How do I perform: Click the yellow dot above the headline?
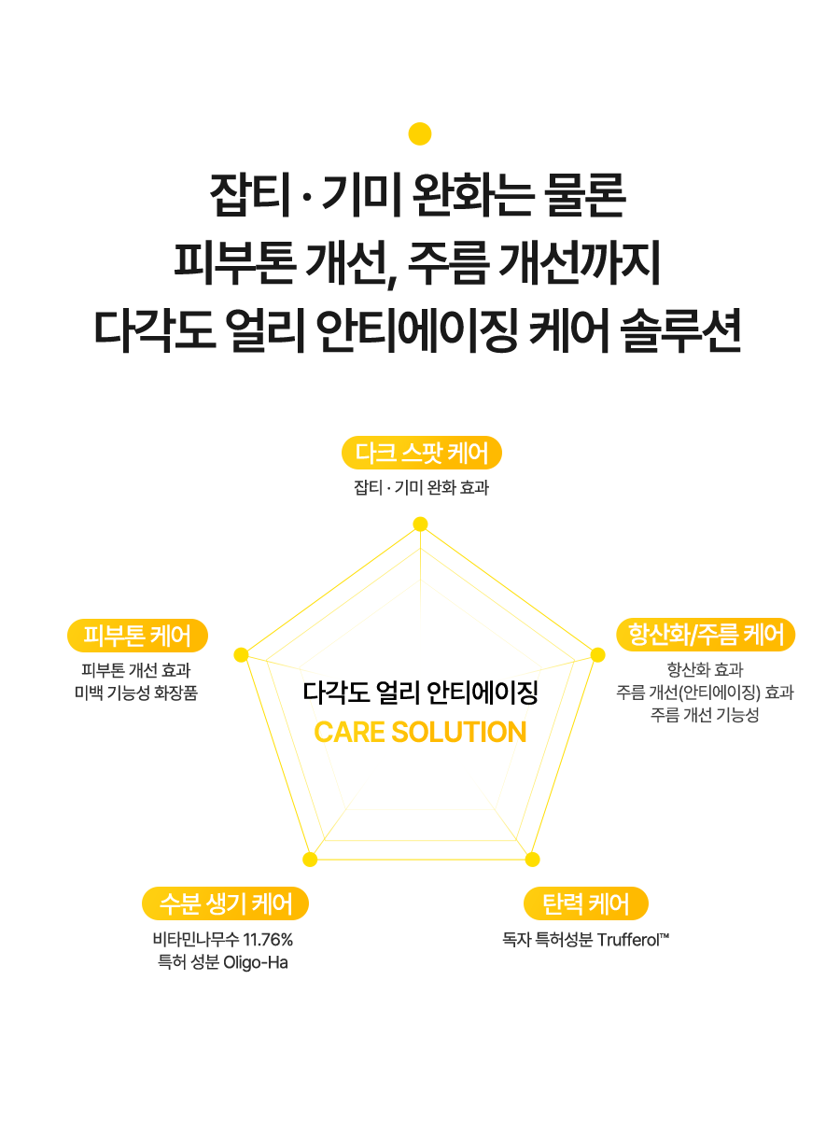point(420,133)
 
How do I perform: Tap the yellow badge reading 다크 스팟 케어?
point(422,454)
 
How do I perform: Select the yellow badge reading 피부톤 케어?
point(137,637)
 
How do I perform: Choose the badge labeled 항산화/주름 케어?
point(706,636)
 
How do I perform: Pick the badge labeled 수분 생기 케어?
point(225,903)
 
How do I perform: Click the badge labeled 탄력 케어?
point(585,903)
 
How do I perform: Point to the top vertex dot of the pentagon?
point(420,525)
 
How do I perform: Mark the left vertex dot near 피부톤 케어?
point(241,655)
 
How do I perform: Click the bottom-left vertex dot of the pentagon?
point(310,859)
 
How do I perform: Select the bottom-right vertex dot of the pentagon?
point(532,859)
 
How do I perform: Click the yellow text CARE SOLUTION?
point(420,733)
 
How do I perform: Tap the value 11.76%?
point(268,939)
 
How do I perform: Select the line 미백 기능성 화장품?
point(136,693)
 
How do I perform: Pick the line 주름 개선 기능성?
point(705,715)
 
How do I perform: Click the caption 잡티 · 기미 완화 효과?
point(421,487)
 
